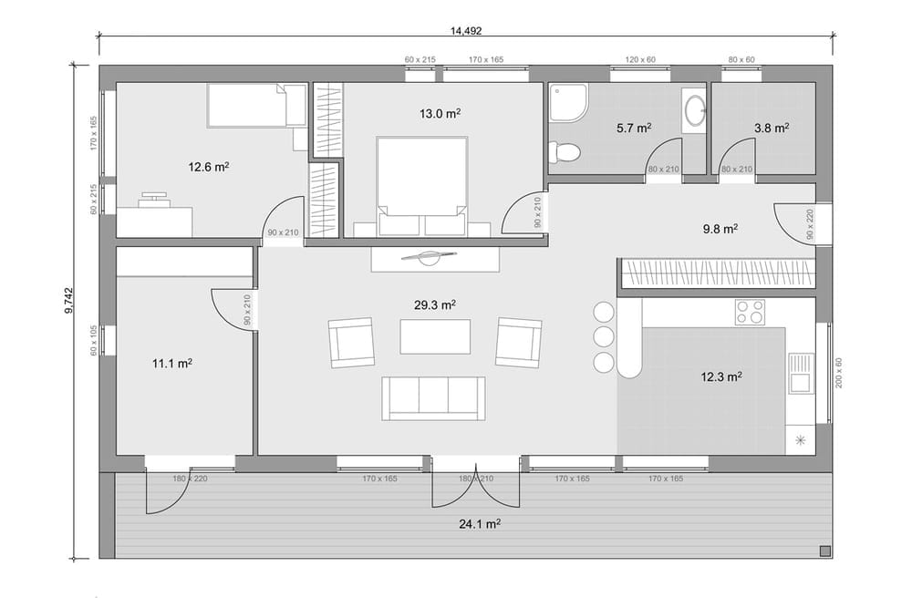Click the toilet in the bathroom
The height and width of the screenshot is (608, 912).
point(565,152)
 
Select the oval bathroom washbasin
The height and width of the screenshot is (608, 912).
point(693,109)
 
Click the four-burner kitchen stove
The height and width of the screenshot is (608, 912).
point(750,312)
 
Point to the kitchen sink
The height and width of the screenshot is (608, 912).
point(801,373)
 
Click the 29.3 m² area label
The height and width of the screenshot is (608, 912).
point(434,304)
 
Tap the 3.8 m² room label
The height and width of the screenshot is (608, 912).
point(772,128)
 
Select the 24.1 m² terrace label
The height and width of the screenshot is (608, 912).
point(480,524)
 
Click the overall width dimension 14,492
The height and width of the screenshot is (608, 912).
point(466,31)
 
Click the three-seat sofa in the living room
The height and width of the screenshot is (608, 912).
point(433,398)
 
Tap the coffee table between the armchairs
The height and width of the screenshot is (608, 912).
point(435,336)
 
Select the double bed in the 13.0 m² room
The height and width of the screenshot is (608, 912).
point(422,186)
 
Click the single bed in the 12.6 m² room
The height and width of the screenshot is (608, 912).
point(256,105)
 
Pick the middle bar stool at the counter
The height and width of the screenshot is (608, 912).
point(604,337)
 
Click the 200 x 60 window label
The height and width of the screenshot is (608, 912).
point(838,373)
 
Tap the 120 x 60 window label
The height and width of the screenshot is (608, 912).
point(640,59)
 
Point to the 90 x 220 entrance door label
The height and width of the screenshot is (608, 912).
point(810,224)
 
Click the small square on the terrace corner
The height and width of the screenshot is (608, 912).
point(824,551)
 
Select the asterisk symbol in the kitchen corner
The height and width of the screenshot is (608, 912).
point(801,440)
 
